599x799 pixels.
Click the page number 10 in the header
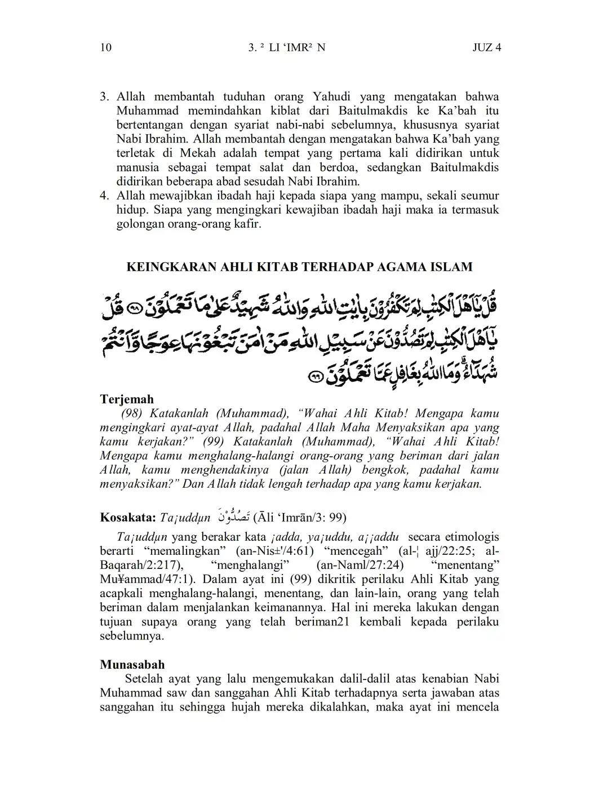tap(105, 47)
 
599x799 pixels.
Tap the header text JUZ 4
tap(486, 47)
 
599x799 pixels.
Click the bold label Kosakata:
tap(128, 517)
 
